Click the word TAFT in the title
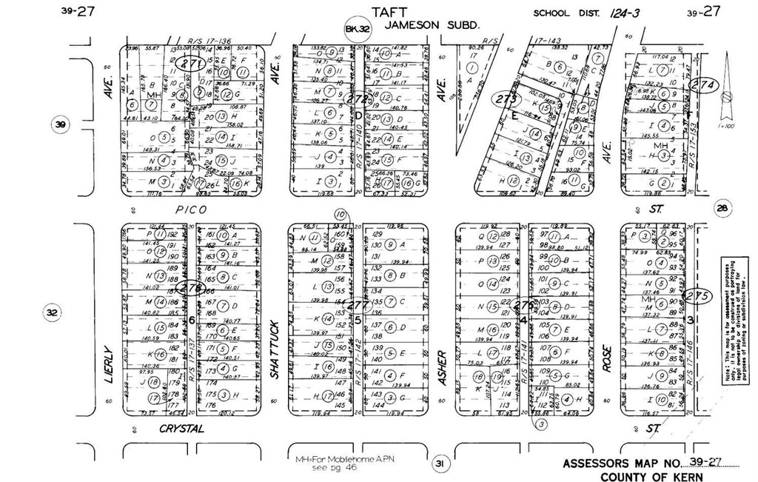pyautogui.click(x=390, y=11)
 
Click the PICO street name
pyautogui.click(x=191, y=210)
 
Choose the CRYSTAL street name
pyautogui.click(x=181, y=429)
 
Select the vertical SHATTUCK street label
pyautogui.click(x=275, y=349)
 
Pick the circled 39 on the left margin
pyautogui.click(x=60, y=124)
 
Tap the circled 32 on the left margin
pyautogui.click(x=52, y=314)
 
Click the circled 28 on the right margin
pyautogui.click(x=722, y=208)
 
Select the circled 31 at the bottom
pyautogui.click(x=440, y=464)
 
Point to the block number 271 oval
pyautogui.click(x=192, y=64)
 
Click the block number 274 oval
pyautogui.click(x=700, y=86)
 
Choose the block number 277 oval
pyautogui.click(x=358, y=304)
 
